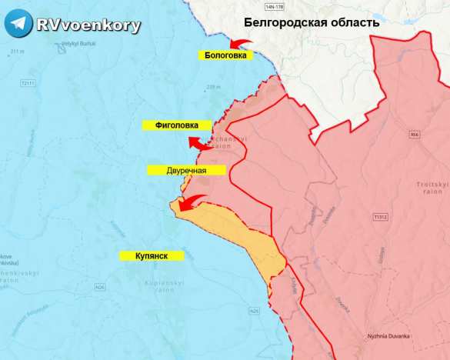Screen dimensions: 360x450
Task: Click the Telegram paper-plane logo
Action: [18, 25]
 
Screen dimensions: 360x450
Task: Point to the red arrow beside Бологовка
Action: [244, 43]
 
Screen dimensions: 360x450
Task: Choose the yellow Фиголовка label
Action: [176, 125]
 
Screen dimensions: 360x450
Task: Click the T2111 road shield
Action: [29, 82]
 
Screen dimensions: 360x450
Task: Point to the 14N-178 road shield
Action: [274, 7]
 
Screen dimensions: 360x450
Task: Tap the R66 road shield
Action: [415, 135]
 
